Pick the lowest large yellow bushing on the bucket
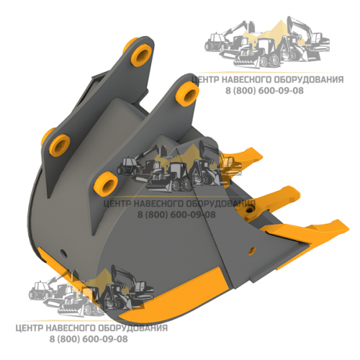point(106,184)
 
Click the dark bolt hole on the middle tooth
point(251,210)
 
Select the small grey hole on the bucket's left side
point(63,252)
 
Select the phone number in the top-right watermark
point(264,91)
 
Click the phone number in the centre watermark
point(176,215)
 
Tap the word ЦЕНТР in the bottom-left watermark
point(29,328)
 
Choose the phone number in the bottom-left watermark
point(89,339)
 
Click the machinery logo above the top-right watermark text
point(267,43)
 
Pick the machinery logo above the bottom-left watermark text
point(91,291)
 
